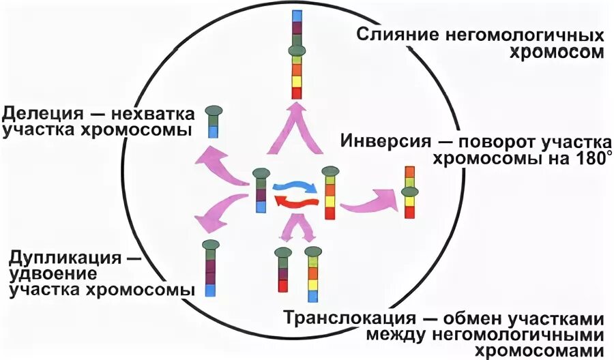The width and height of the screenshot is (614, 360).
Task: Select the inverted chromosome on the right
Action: [409, 192]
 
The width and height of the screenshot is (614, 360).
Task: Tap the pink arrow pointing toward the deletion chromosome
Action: [218, 166]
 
